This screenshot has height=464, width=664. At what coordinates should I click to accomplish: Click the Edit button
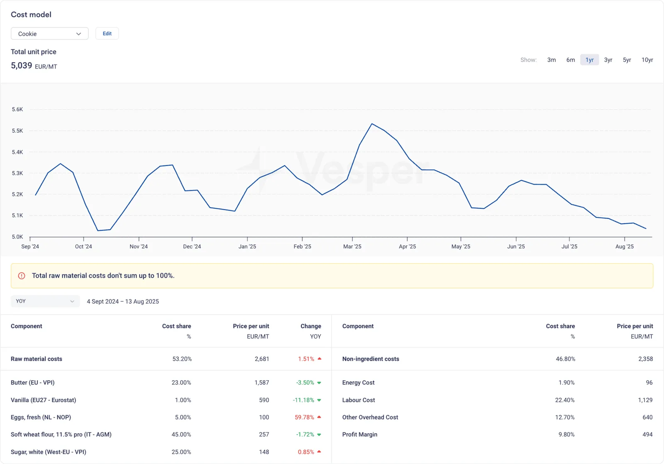tap(107, 34)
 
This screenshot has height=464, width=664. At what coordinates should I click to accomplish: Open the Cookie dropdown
tap(49, 34)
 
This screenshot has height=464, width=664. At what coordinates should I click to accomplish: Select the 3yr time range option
tap(608, 60)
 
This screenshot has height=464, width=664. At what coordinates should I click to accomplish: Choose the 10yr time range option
tap(647, 60)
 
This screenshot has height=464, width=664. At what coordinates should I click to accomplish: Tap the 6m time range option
tap(570, 60)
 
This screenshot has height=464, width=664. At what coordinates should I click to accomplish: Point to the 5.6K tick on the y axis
tap(17, 110)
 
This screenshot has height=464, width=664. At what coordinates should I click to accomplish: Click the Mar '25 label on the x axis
tap(352, 247)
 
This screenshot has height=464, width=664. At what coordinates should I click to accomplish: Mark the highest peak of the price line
tap(372, 124)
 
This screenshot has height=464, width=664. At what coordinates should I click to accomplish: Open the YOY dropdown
tap(45, 301)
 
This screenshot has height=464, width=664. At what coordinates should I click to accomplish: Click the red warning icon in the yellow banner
tap(22, 276)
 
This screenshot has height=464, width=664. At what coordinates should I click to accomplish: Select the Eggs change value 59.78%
tap(304, 417)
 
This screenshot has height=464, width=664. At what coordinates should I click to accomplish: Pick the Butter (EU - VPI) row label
tap(33, 383)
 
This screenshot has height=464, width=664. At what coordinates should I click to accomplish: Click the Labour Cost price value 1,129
tap(645, 400)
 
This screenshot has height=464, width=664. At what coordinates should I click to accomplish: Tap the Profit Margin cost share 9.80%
tap(566, 435)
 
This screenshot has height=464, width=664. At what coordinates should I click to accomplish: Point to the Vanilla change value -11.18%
tap(303, 400)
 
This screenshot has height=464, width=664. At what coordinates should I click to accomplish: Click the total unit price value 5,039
tap(21, 66)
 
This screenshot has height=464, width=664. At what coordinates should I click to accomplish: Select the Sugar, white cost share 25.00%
tap(181, 452)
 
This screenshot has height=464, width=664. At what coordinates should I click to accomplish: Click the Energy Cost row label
tap(359, 383)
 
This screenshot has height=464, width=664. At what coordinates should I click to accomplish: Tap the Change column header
tap(311, 326)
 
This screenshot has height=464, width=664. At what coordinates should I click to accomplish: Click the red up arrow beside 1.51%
tap(320, 359)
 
